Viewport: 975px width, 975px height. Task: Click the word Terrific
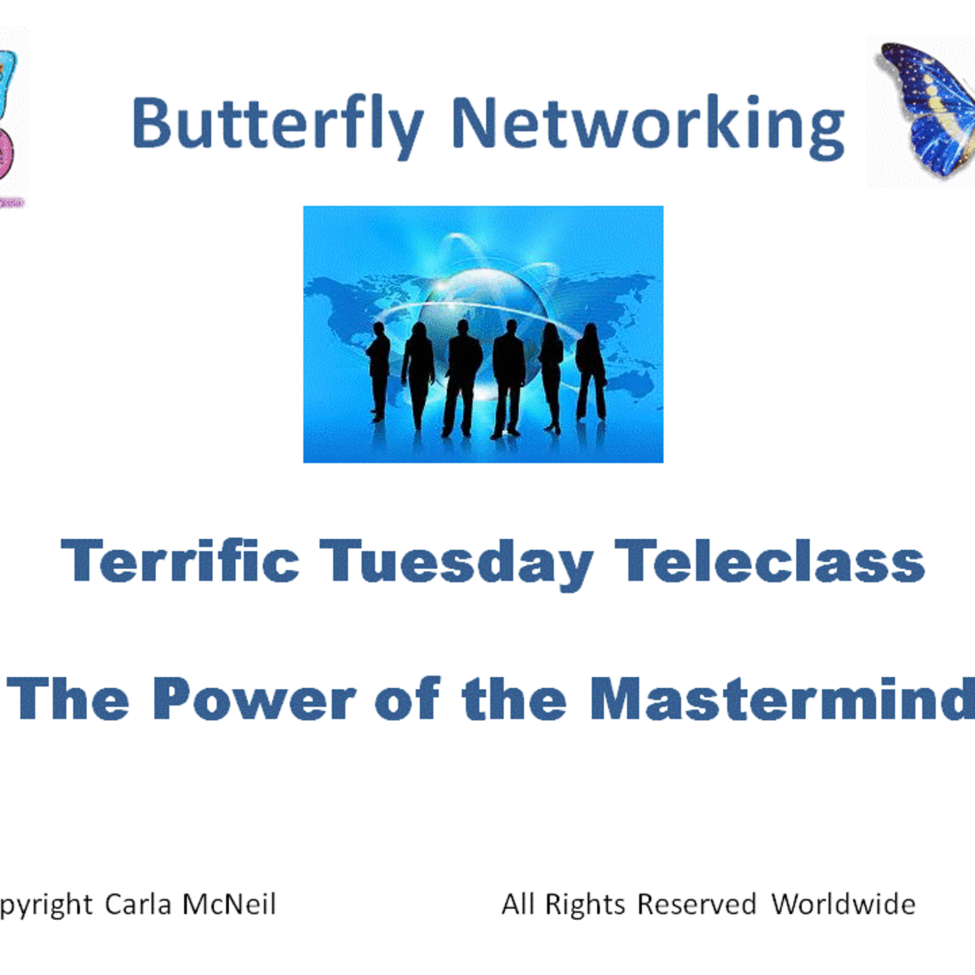pos(180,561)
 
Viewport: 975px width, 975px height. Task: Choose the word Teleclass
pos(769,561)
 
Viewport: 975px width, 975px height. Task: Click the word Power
pos(254,699)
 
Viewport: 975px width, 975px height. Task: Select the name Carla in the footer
pos(138,905)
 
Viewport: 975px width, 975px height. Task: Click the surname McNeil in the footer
pos(229,905)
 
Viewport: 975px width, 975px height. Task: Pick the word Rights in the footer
pos(585,905)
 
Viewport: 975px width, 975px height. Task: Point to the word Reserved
pos(696,905)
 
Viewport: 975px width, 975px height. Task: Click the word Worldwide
pos(843,905)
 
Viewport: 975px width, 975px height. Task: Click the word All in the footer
pos(518,905)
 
